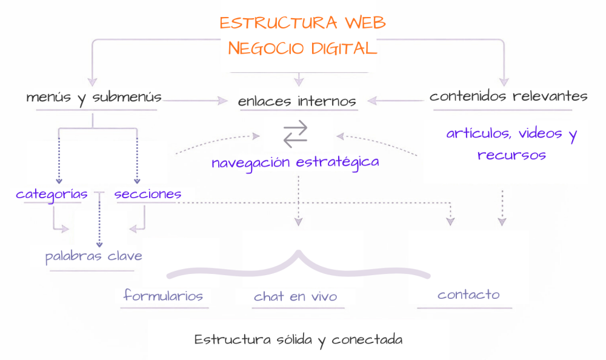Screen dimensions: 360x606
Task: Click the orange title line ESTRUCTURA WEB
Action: coord(302,23)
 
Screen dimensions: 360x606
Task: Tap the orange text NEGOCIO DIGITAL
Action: coord(302,48)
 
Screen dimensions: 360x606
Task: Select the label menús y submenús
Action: coord(94,97)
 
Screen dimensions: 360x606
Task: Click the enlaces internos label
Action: coord(297,101)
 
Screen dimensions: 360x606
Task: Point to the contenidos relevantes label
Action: coord(508,96)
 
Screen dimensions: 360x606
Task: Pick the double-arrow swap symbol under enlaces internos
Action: coord(296,133)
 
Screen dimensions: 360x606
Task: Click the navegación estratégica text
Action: coord(296,162)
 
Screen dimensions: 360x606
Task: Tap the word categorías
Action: coord(52,194)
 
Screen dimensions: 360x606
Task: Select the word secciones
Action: coord(148,194)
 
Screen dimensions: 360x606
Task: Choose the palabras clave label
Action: coord(94,256)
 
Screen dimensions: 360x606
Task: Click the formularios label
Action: coord(163,296)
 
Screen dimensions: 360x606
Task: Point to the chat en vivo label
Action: coord(296,296)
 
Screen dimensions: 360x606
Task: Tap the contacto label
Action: coord(468,295)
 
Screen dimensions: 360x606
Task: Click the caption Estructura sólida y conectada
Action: coord(298,339)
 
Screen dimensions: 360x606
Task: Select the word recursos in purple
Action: coord(511,155)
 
